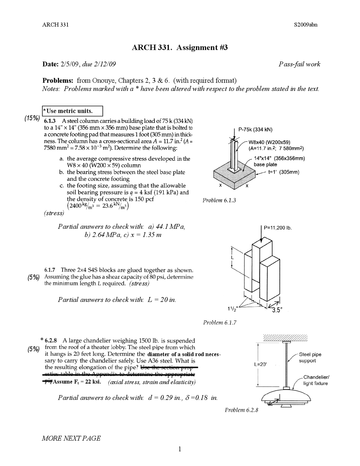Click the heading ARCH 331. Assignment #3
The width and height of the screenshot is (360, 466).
[180, 48]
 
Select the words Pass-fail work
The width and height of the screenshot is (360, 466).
[299, 64]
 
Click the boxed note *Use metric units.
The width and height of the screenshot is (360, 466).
[72, 111]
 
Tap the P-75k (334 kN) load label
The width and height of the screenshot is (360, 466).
[255, 130]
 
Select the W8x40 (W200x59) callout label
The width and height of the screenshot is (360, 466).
[269, 142]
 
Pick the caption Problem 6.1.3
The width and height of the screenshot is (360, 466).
[219, 200]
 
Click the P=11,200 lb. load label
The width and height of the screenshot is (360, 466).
[278, 228]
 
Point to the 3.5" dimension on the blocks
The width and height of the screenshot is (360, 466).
[277, 310]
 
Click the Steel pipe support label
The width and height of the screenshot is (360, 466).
[310, 358]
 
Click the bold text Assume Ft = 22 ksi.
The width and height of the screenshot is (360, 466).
[77, 382]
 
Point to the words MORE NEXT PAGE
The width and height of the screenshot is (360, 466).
[71, 438]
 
